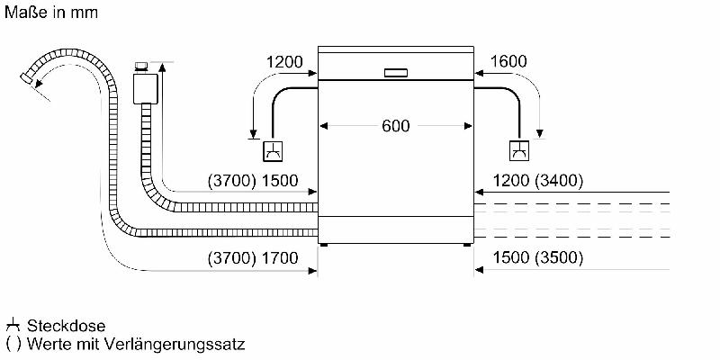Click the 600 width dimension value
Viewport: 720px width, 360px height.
pyautogui.click(x=395, y=126)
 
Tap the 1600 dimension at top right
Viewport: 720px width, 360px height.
pyautogui.click(x=508, y=61)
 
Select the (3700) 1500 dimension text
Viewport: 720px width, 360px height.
pyautogui.click(x=253, y=181)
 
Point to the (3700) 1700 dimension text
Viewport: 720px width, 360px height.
pyautogui.click(x=253, y=258)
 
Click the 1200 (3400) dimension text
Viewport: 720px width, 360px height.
pyautogui.click(x=538, y=181)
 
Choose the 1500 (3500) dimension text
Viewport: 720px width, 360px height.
pyautogui.click(x=538, y=258)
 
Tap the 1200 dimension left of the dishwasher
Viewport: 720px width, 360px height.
pyautogui.click(x=284, y=61)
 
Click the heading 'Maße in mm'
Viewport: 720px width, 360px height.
pyautogui.click(x=51, y=13)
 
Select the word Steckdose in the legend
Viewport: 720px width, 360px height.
pyautogui.click(x=66, y=326)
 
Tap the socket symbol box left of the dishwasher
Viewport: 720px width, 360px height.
pyautogui.click(x=273, y=151)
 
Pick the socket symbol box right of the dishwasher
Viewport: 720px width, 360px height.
pyautogui.click(x=519, y=151)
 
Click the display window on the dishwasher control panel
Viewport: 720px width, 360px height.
pyautogui.click(x=395, y=73)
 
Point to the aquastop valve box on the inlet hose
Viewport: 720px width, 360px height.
pyautogui.click(x=145, y=88)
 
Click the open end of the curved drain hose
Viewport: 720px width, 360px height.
pyautogui.click(x=27, y=78)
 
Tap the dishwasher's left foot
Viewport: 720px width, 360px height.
pyautogui.click(x=324, y=245)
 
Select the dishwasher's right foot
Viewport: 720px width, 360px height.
pyautogui.click(x=467, y=245)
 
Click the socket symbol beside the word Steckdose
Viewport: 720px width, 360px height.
pyautogui.click(x=13, y=326)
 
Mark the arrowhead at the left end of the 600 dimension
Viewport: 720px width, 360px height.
pyautogui.click(x=323, y=126)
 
